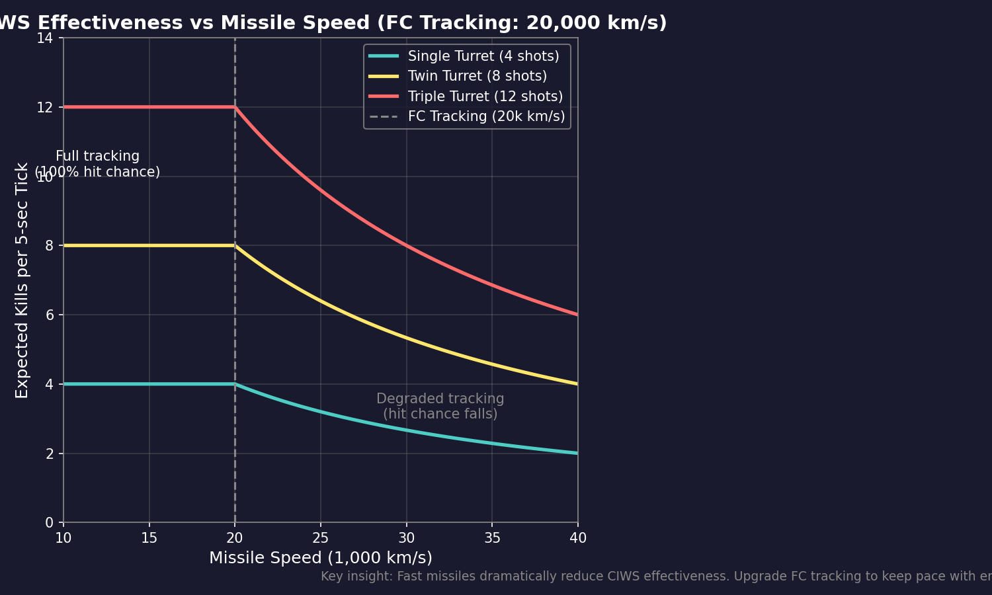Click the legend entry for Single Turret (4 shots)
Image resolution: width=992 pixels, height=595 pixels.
[x=483, y=56]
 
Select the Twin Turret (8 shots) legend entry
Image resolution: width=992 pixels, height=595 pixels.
[x=477, y=76]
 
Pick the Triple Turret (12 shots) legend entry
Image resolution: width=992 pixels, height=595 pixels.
[x=485, y=97]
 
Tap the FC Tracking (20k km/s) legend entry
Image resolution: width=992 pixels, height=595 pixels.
[x=486, y=116]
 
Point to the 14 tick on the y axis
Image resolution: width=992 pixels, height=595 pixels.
[x=44, y=38]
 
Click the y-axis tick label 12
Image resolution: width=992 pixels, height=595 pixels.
[x=44, y=107]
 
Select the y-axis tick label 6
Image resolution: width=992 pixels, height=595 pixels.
[x=49, y=315]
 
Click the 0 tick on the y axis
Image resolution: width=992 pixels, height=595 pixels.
[x=49, y=523]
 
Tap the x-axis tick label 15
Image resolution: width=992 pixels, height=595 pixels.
[x=149, y=538]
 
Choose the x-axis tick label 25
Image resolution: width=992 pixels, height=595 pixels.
[x=321, y=538]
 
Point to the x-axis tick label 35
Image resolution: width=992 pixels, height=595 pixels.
[x=492, y=538]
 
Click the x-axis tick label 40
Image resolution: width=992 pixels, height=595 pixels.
[x=577, y=538]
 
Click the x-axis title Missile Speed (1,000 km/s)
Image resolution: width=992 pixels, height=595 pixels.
[x=321, y=558]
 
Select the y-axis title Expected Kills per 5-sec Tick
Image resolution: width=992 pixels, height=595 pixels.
[x=22, y=280]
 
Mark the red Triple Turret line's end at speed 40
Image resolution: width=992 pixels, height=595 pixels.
[x=577, y=315]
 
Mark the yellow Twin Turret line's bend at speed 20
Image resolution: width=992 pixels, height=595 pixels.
[x=235, y=245]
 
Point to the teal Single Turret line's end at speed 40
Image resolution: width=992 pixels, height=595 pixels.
[x=577, y=454]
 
